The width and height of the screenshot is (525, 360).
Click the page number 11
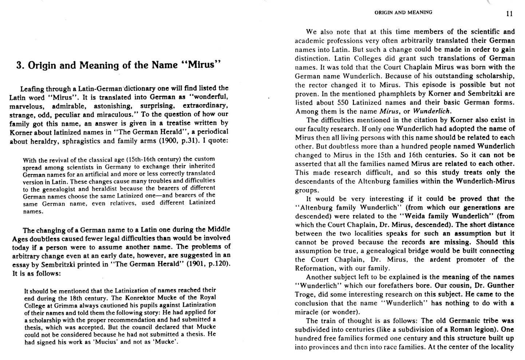tap(509, 13)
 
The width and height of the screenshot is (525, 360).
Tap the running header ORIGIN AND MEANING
tap(403, 12)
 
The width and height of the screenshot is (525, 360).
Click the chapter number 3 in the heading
tap(20, 66)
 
